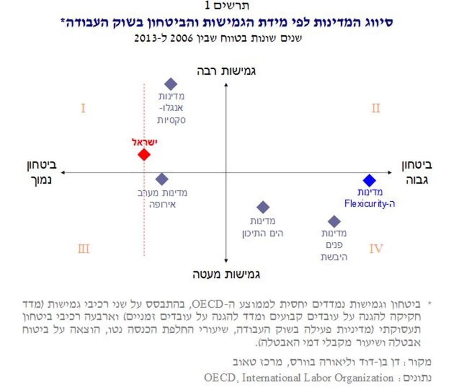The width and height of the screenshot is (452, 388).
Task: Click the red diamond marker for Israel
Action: pos(144,155)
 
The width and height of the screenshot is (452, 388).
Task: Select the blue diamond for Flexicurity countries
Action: pos(369,180)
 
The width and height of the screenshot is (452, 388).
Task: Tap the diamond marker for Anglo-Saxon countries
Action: pos(170,84)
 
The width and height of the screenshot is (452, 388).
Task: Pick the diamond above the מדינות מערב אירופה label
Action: pos(162,179)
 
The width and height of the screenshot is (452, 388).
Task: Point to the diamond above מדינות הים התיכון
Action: pos(263,207)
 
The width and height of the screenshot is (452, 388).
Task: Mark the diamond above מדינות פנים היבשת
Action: pos(334,221)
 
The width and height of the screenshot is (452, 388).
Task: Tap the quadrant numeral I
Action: pos(83,108)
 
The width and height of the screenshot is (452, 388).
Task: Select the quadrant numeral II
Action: pos(375,108)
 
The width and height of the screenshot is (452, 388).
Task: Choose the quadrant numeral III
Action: pos(83,249)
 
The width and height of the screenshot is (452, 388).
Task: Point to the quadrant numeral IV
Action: pos(376,249)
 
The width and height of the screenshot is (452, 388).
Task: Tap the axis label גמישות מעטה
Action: pos(226,274)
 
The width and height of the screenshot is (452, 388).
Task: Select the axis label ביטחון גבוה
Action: pos(416,172)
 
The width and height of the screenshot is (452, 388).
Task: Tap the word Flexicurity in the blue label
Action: pos(362,204)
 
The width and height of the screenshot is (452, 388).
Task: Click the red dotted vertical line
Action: pos(144,212)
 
